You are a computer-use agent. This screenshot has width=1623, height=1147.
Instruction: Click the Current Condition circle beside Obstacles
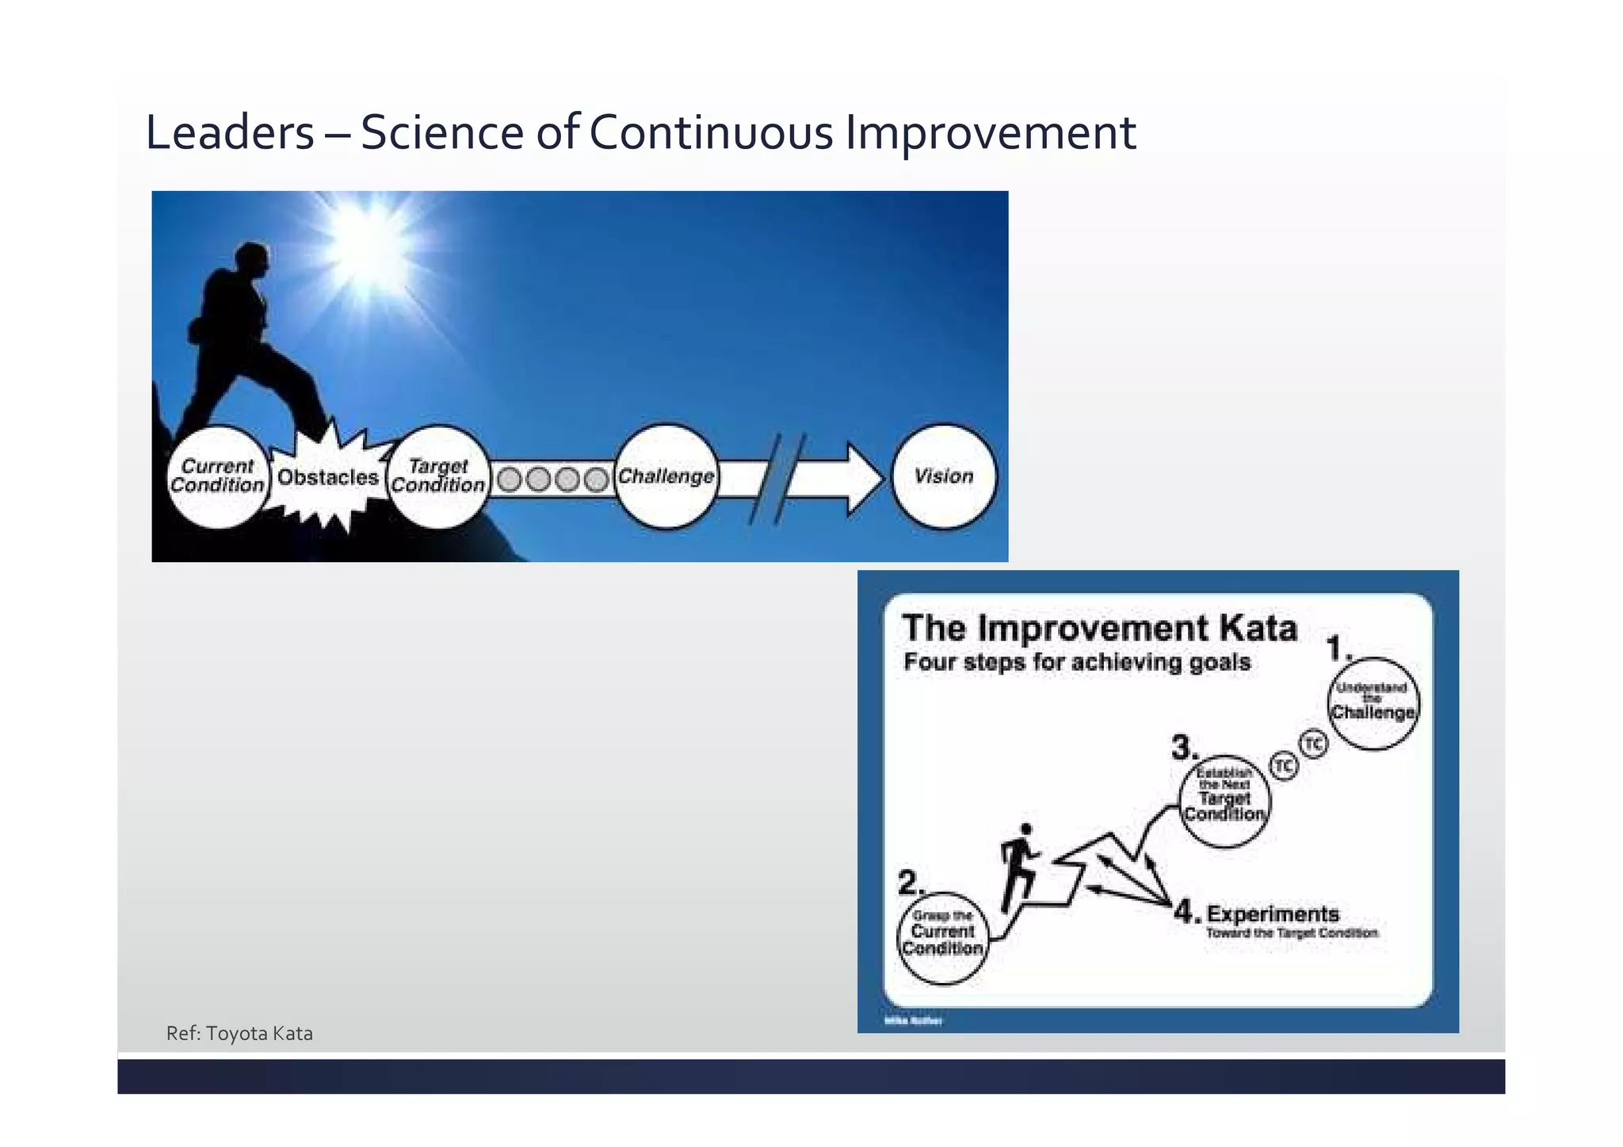click(217, 476)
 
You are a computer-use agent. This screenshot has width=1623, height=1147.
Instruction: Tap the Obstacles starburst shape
click(327, 478)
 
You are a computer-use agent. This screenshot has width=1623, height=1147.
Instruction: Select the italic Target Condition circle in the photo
click(438, 476)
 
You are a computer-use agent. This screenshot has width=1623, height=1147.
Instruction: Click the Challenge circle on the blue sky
click(666, 476)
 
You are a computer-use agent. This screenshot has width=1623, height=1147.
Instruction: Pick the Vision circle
click(943, 476)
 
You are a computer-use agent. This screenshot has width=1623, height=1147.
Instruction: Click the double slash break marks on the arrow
click(777, 479)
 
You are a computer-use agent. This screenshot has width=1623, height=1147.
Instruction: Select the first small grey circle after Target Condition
click(510, 480)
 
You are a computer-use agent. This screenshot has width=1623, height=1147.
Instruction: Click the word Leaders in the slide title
click(230, 132)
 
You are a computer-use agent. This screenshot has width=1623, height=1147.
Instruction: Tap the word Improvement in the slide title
click(990, 132)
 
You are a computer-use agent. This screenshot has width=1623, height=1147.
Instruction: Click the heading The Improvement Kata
click(1099, 629)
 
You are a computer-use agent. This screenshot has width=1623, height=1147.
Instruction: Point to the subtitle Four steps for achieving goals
click(1077, 662)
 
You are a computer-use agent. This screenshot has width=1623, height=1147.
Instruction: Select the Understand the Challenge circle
click(1373, 703)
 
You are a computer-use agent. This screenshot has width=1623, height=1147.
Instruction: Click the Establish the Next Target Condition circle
click(1224, 801)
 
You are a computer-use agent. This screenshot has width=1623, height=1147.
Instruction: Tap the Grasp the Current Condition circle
click(943, 938)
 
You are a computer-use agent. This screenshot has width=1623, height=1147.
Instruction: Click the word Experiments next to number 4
click(1273, 913)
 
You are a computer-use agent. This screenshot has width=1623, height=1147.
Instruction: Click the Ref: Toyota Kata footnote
click(239, 1034)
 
